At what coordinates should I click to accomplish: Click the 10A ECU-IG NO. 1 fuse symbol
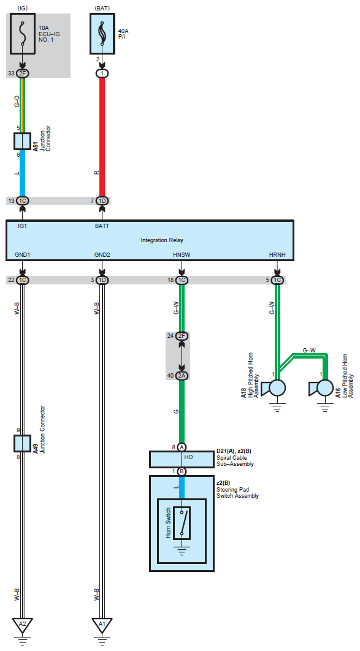point(23,34)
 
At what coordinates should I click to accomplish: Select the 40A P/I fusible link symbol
point(102,34)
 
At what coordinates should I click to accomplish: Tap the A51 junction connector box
point(23,141)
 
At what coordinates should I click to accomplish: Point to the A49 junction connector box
point(23,443)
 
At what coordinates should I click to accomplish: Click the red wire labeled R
point(102,137)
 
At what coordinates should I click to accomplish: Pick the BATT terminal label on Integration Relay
point(102,226)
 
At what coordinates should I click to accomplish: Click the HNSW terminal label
point(182,255)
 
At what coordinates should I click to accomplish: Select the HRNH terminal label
point(277,255)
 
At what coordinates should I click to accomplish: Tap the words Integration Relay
point(162,240)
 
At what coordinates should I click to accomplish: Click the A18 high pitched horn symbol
point(273,389)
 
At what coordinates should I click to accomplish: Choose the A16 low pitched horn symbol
point(321,389)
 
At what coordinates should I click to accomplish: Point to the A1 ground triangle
point(102,625)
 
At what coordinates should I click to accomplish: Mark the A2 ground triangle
point(23,625)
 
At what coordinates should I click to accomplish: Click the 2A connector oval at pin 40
point(182,376)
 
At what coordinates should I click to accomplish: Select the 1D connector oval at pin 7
point(102,201)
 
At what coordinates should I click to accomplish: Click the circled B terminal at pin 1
point(182,471)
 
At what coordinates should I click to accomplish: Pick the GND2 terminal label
point(102,255)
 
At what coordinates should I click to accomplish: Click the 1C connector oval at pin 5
point(277,280)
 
